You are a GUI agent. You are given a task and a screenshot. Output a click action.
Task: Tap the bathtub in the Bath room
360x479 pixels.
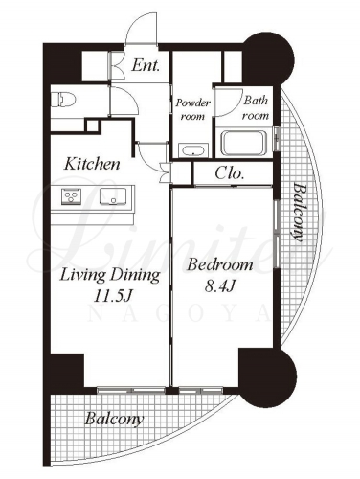click(x=244, y=142)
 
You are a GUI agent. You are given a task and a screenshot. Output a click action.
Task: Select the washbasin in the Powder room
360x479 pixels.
click(x=193, y=150)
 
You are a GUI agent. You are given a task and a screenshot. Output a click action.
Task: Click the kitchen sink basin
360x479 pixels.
click(x=113, y=196)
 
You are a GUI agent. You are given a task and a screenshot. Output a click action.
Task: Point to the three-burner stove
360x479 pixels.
click(x=72, y=196)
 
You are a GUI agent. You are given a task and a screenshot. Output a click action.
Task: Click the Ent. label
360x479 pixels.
click(x=146, y=66)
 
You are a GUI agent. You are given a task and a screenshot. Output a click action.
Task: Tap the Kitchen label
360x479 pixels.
click(x=92, y=164)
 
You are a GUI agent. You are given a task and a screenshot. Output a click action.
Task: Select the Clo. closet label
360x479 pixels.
click(x=230, y=173)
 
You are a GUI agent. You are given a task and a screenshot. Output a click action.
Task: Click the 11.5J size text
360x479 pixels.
click(x=113, y=296)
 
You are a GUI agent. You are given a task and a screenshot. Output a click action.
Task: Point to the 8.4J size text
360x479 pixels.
click(x=220, y=286)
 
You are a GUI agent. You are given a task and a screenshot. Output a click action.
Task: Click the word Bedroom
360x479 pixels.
click(x=220, y=265)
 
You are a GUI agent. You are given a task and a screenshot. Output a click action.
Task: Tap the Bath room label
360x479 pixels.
click(x=256, y=108)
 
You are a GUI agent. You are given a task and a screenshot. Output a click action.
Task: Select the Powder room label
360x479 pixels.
click(x=192, y=109)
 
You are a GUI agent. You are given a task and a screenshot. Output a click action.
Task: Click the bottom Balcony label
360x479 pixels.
click(x=114, y=419)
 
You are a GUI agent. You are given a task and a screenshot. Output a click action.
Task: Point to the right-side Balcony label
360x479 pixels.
click(x=298, y=213)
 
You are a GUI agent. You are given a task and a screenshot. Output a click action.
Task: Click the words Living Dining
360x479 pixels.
click(x=110, y=275)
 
